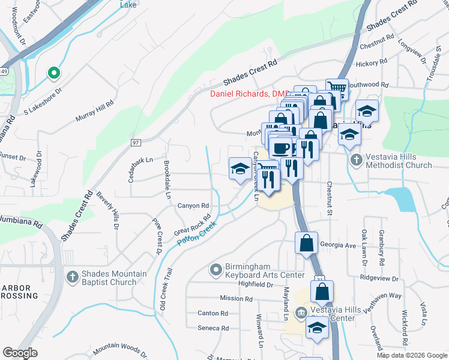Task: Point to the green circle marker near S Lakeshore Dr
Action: [x=53, y=73]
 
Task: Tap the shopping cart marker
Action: [x=337, y=89]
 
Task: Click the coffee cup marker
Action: [x=282, y=148]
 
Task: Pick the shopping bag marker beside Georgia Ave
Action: [x=306, y=244]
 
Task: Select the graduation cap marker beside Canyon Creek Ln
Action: [x=240, y=168]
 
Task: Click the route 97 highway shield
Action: [x=136, y=142]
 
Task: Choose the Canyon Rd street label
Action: [x=193, y=206]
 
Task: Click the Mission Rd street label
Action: [x=236, y=298]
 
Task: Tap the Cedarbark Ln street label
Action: [x=141, y=160]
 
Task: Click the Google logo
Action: [x=20, y=353]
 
